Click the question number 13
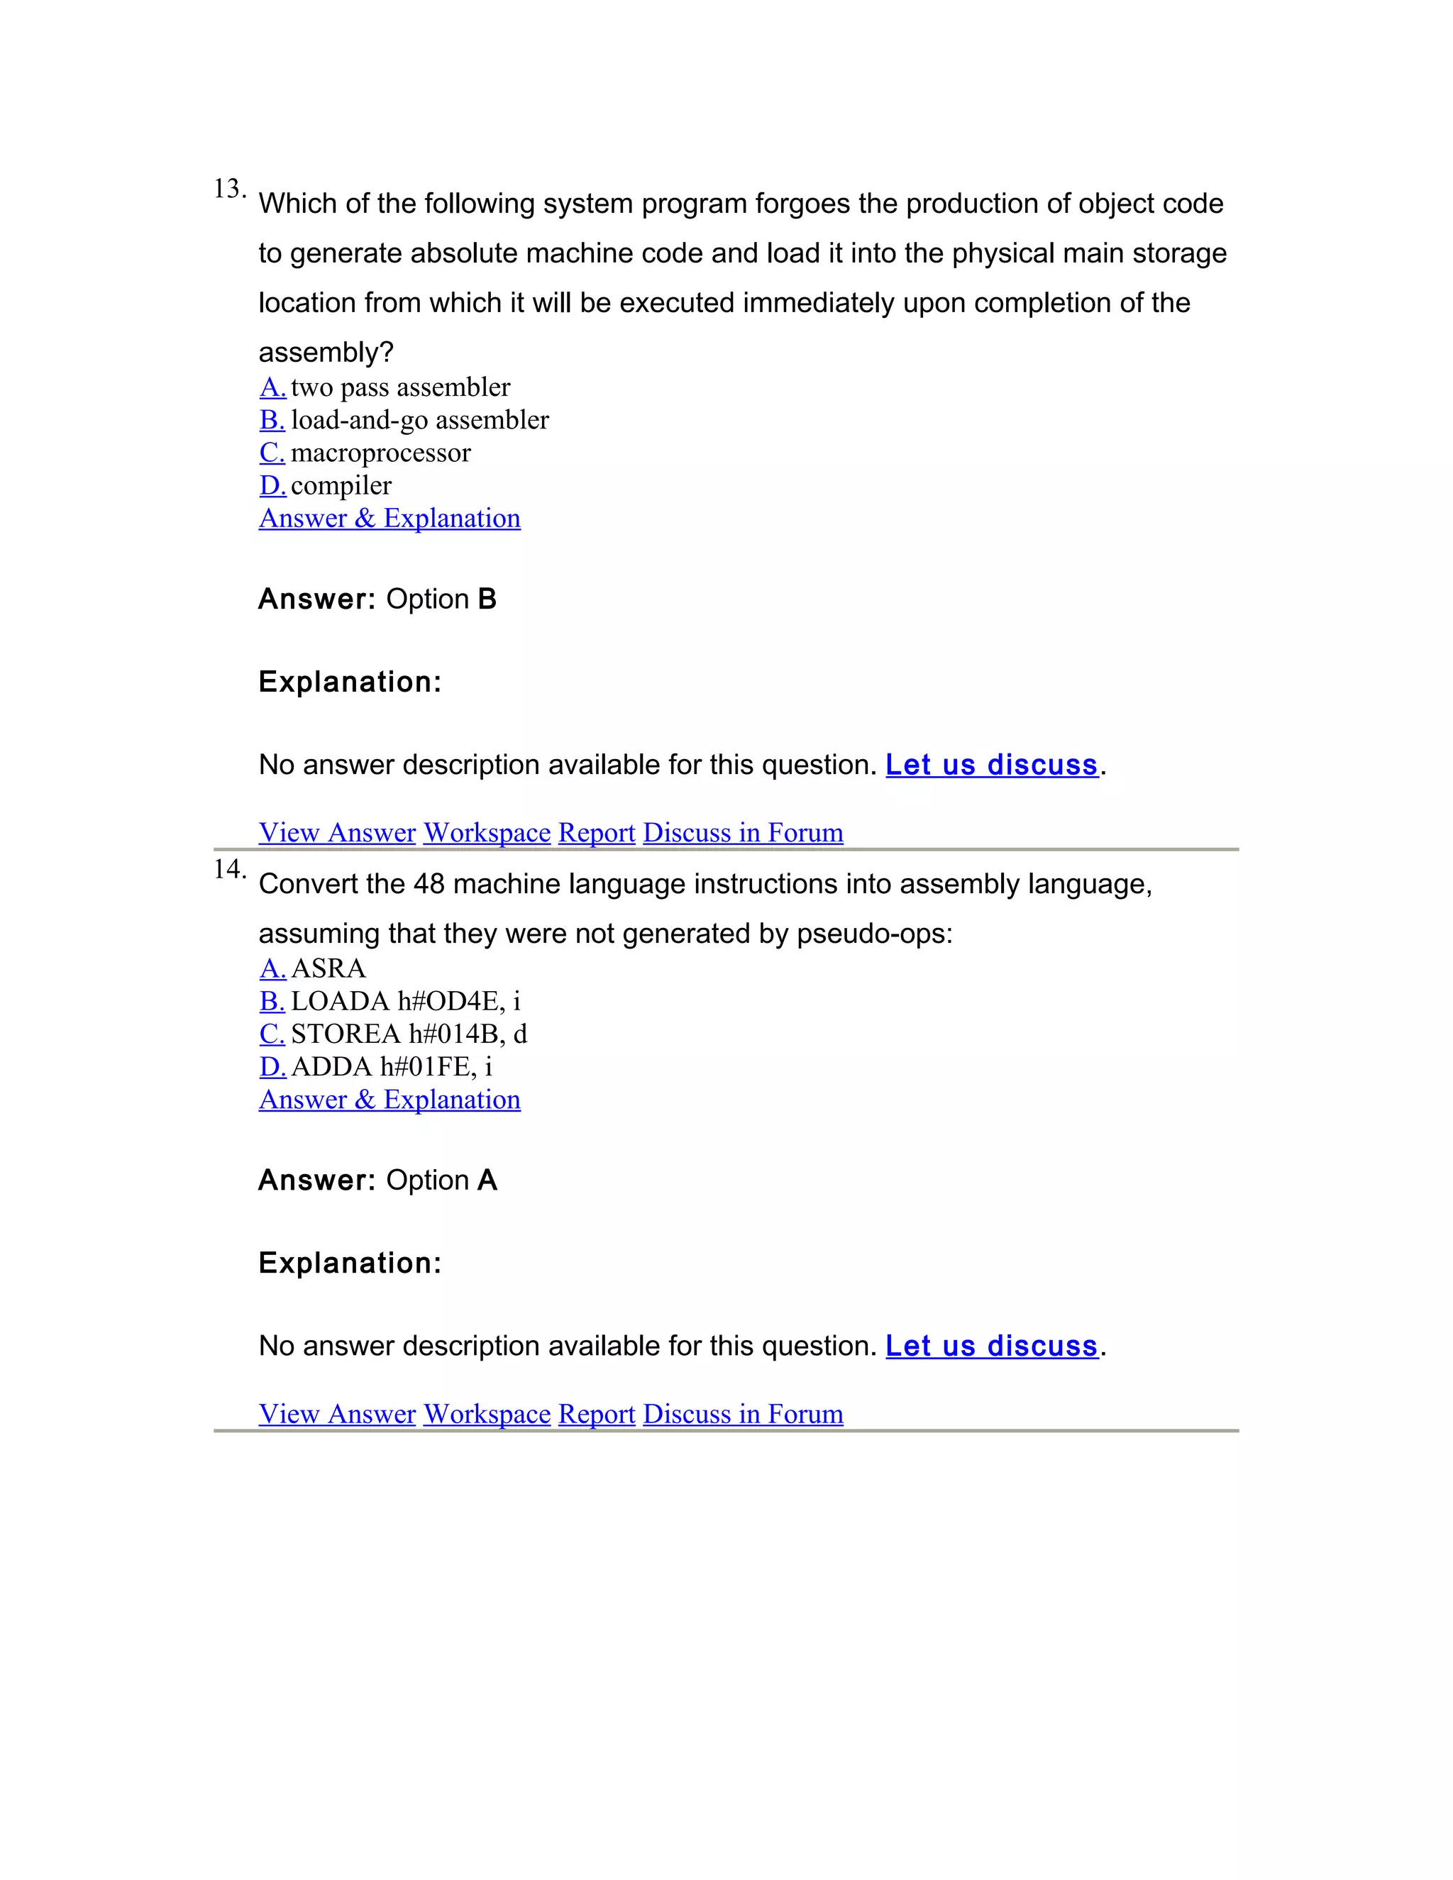click(x=228, y=189)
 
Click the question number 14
click(x=228, y=870)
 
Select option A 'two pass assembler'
click(x=399, y=387)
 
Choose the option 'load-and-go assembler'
click(x=419, y=420)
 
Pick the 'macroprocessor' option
click(x=380, y=453)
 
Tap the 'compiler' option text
click(x=341, y=485)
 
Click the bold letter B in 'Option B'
click(x=487, y=599)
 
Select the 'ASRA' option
click(x=328, y=968)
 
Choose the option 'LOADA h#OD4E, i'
click(x=405, y=1001)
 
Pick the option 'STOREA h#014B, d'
click(x=409, y=1034)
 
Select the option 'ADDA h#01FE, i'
click(x=392, y=1066)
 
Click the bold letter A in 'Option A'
click(x=487, y=1180)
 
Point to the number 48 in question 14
click(x=429, y=884)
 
